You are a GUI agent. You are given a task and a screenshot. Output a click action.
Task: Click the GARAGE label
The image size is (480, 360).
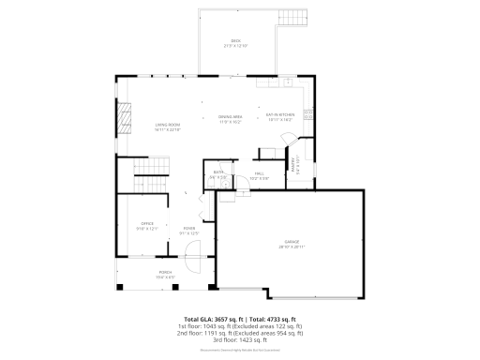[x=292, y=246]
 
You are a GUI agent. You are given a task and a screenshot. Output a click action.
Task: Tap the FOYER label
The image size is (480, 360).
[x=188, y=230]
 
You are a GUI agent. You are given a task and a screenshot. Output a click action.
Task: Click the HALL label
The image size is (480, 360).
[x=261, y=175]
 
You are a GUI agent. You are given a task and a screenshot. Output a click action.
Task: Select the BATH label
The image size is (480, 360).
[x=217, y=174]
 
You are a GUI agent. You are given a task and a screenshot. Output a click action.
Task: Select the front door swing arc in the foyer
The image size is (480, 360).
[x=192, y=250]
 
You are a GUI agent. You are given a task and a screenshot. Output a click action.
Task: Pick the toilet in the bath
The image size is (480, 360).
[x=210, y=184]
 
